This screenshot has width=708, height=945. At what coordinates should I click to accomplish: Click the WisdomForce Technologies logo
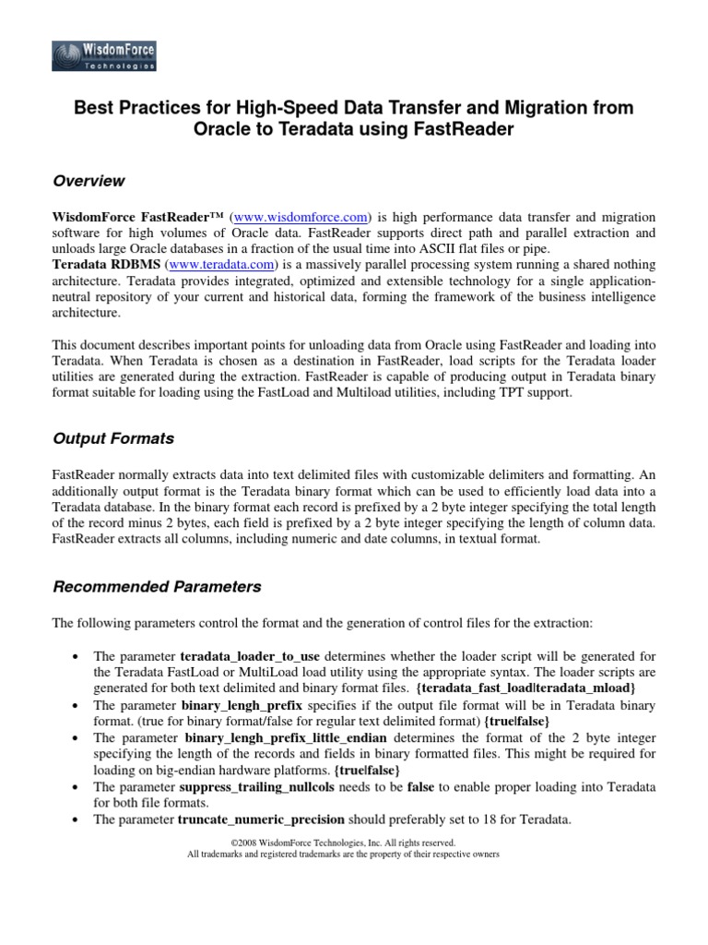point(104,55)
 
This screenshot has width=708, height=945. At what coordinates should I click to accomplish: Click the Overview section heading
point(88,181)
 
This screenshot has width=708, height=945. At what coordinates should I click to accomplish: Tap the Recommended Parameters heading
point(157,587)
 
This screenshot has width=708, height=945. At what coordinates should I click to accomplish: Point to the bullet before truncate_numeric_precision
point(74,819)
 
